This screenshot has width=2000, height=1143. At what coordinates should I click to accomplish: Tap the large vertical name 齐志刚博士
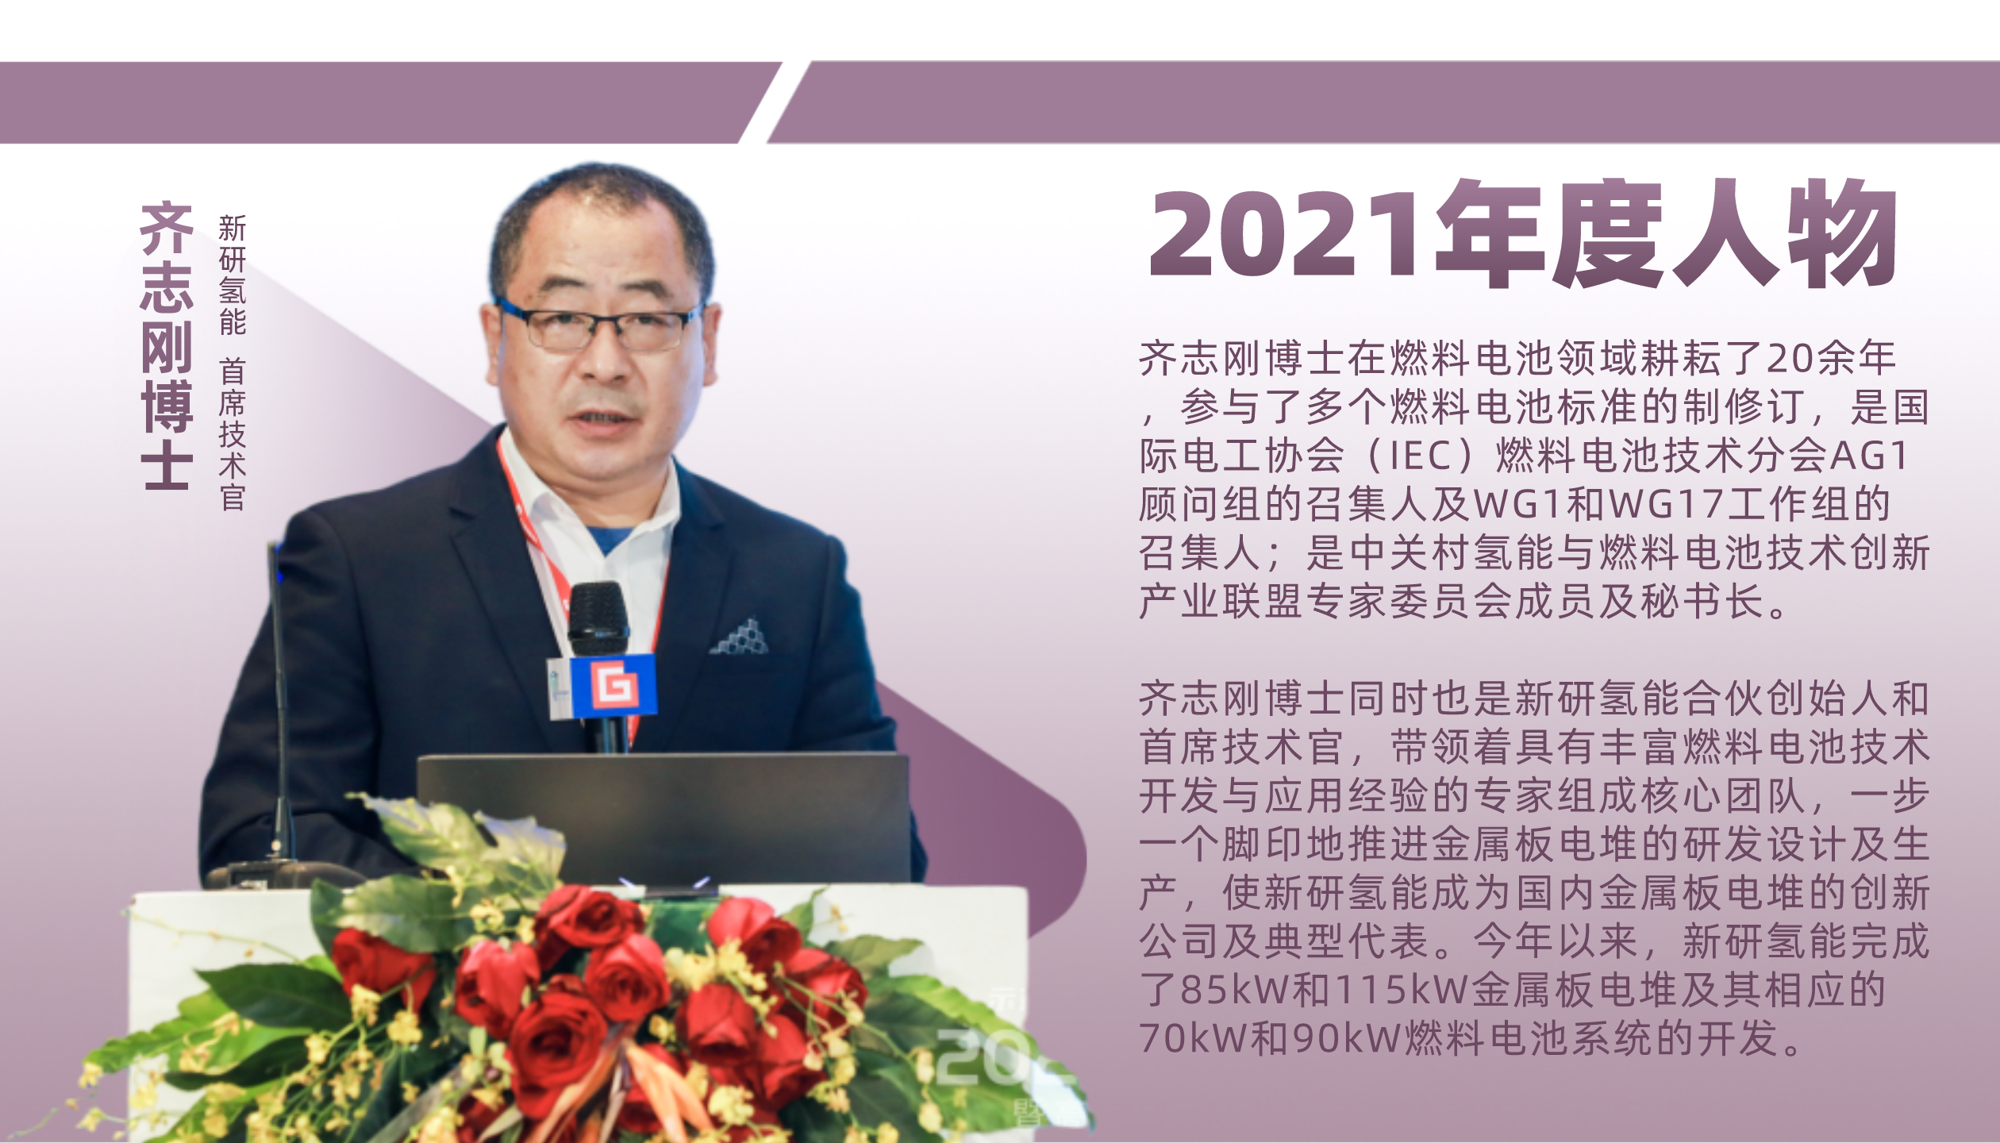click(x=167, y=345)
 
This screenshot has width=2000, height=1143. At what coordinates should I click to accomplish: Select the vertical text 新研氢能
click(x=233, y=275)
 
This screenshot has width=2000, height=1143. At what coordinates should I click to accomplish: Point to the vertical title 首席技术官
click(x=233, y=434)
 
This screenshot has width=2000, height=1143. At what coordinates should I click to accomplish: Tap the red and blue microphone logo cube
click(x=613, y=684)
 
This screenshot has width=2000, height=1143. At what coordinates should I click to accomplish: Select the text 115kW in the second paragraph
click(x=1402, y=989)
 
